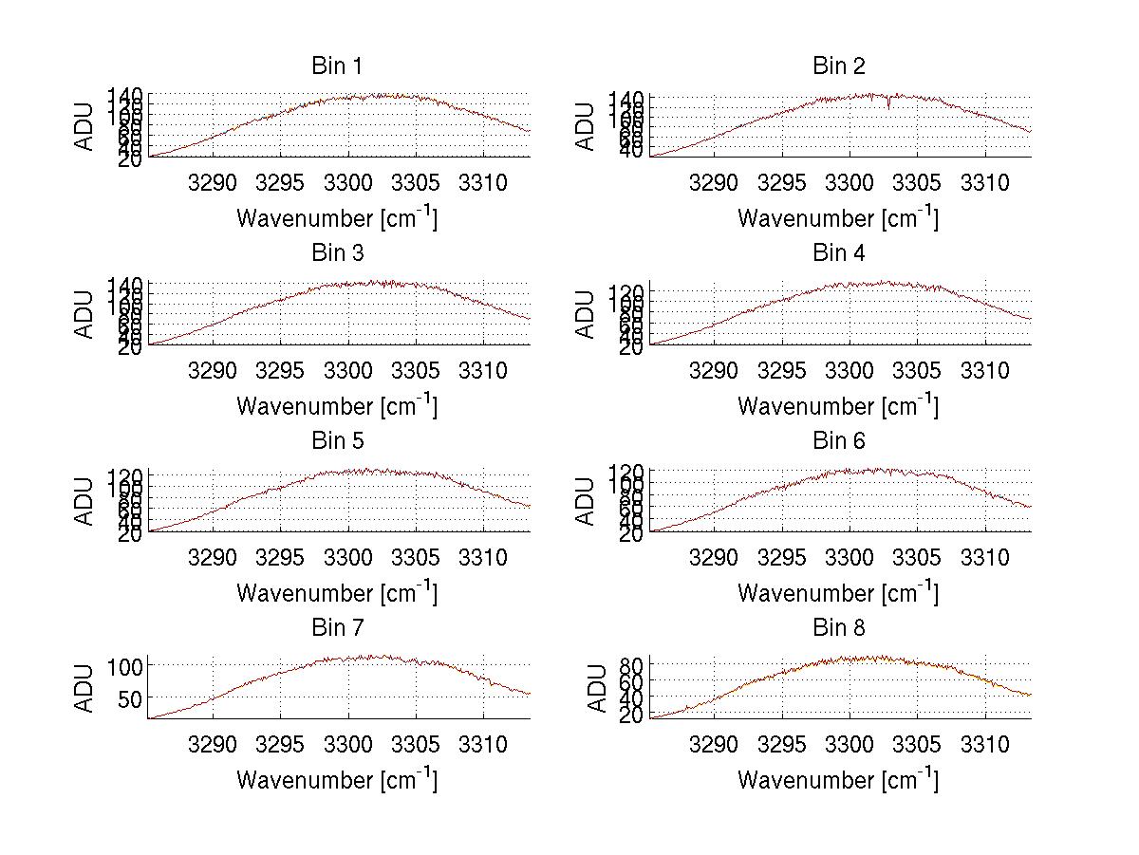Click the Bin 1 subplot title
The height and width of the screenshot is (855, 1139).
tap(337, 66)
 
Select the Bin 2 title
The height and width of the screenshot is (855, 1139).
tap(839, 66)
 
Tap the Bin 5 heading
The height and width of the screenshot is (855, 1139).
tap(337, 441)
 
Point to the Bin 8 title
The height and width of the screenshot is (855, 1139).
tap(839, 628)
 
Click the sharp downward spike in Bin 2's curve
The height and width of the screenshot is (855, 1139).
tap(888, 105)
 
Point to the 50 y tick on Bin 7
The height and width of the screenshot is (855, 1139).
tap(132, 698)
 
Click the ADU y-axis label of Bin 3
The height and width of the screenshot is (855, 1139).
tap(85, 314)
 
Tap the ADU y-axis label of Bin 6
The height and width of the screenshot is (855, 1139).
tap(587, 501)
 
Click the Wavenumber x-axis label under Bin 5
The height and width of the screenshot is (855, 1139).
tap(337, 593)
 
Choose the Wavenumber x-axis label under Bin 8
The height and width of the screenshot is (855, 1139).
tap(838, 780)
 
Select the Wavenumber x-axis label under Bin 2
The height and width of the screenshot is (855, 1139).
tap(838, 218)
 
